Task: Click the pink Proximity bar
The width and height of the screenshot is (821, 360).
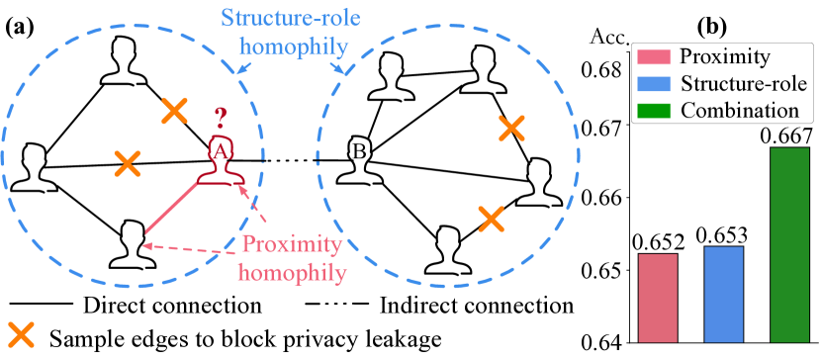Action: coord(658,297)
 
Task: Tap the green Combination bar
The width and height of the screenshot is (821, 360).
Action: coord(788,243)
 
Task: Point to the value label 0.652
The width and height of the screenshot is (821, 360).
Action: coord(658,240)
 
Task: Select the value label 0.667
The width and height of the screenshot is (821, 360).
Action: coord(787,135)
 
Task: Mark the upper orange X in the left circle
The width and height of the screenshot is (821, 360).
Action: coord(175,111)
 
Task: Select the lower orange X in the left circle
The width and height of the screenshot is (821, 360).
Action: coord(126,163)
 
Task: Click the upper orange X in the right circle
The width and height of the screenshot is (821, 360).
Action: coord(511,127)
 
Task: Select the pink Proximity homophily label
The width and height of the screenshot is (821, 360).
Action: coord(293,257)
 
